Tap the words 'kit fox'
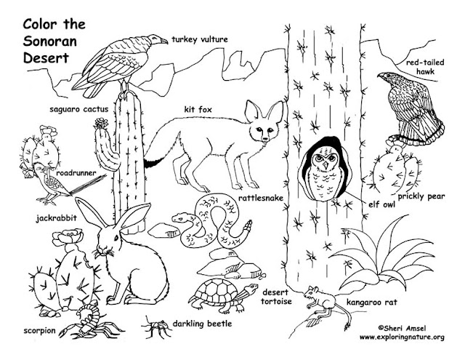198,111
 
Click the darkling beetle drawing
153,324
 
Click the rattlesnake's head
182,216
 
